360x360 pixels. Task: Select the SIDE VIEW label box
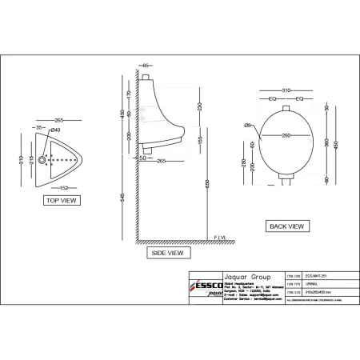click(x=166, y=253)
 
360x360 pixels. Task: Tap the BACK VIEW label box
click(x=286, y=226)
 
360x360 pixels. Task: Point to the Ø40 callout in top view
click(x=54, y=130)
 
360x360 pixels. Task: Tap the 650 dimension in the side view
click(x=206, y=183)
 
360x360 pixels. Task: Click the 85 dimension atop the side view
click(x=146, y=65)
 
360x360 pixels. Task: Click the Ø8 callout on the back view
click(x=250, y=125)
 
